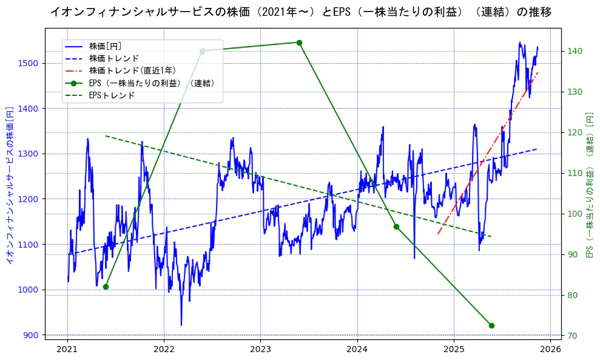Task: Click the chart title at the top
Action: pyautogui.click(x=300, y=12)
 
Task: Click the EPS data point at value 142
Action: pyautogui.click(x=299, y=42)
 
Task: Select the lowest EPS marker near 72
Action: pyautogui.click(x=491, y=325)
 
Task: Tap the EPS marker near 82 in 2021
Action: pyautogui.click(x=106, y=287)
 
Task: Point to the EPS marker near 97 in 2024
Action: pyautogui.click(x=396, y=226)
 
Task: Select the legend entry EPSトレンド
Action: pyautogui.click(x=112, y=95)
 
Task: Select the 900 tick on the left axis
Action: pyautogui.click(x=32, y=335)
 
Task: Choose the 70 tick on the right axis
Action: pyautogui.click(x=572, y=336)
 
